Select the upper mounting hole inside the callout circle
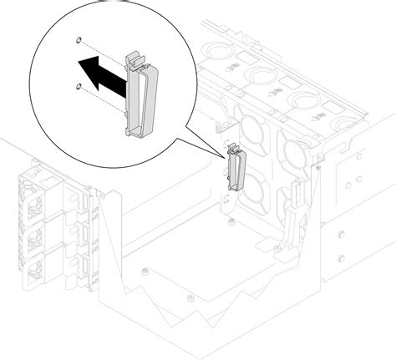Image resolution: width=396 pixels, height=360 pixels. coord(78,40)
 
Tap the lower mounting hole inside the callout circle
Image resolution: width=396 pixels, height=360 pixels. coord(77,85)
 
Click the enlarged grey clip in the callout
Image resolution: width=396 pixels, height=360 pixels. coord(139,96)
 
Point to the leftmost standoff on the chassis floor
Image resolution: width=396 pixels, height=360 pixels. coord(145,271)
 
